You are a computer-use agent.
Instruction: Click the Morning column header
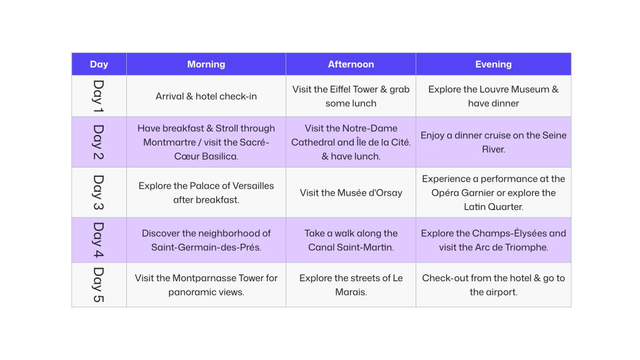[206, 64]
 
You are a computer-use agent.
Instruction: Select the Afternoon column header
[351, 64]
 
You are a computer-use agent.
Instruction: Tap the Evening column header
[493, 64]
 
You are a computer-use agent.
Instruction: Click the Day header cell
[99, 64]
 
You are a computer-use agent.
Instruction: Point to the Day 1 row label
[99, 96]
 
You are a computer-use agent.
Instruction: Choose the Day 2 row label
[99, 142]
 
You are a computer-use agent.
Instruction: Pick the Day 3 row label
[99, 192]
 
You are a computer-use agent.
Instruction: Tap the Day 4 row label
[99, 240]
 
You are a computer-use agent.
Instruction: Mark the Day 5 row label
[99, 284]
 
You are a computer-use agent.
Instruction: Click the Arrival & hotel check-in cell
[206, 96]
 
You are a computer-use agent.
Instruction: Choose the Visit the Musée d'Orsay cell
[351, 192]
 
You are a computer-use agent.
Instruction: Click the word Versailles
[250, 186]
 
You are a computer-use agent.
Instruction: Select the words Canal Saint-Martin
[351, 247]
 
